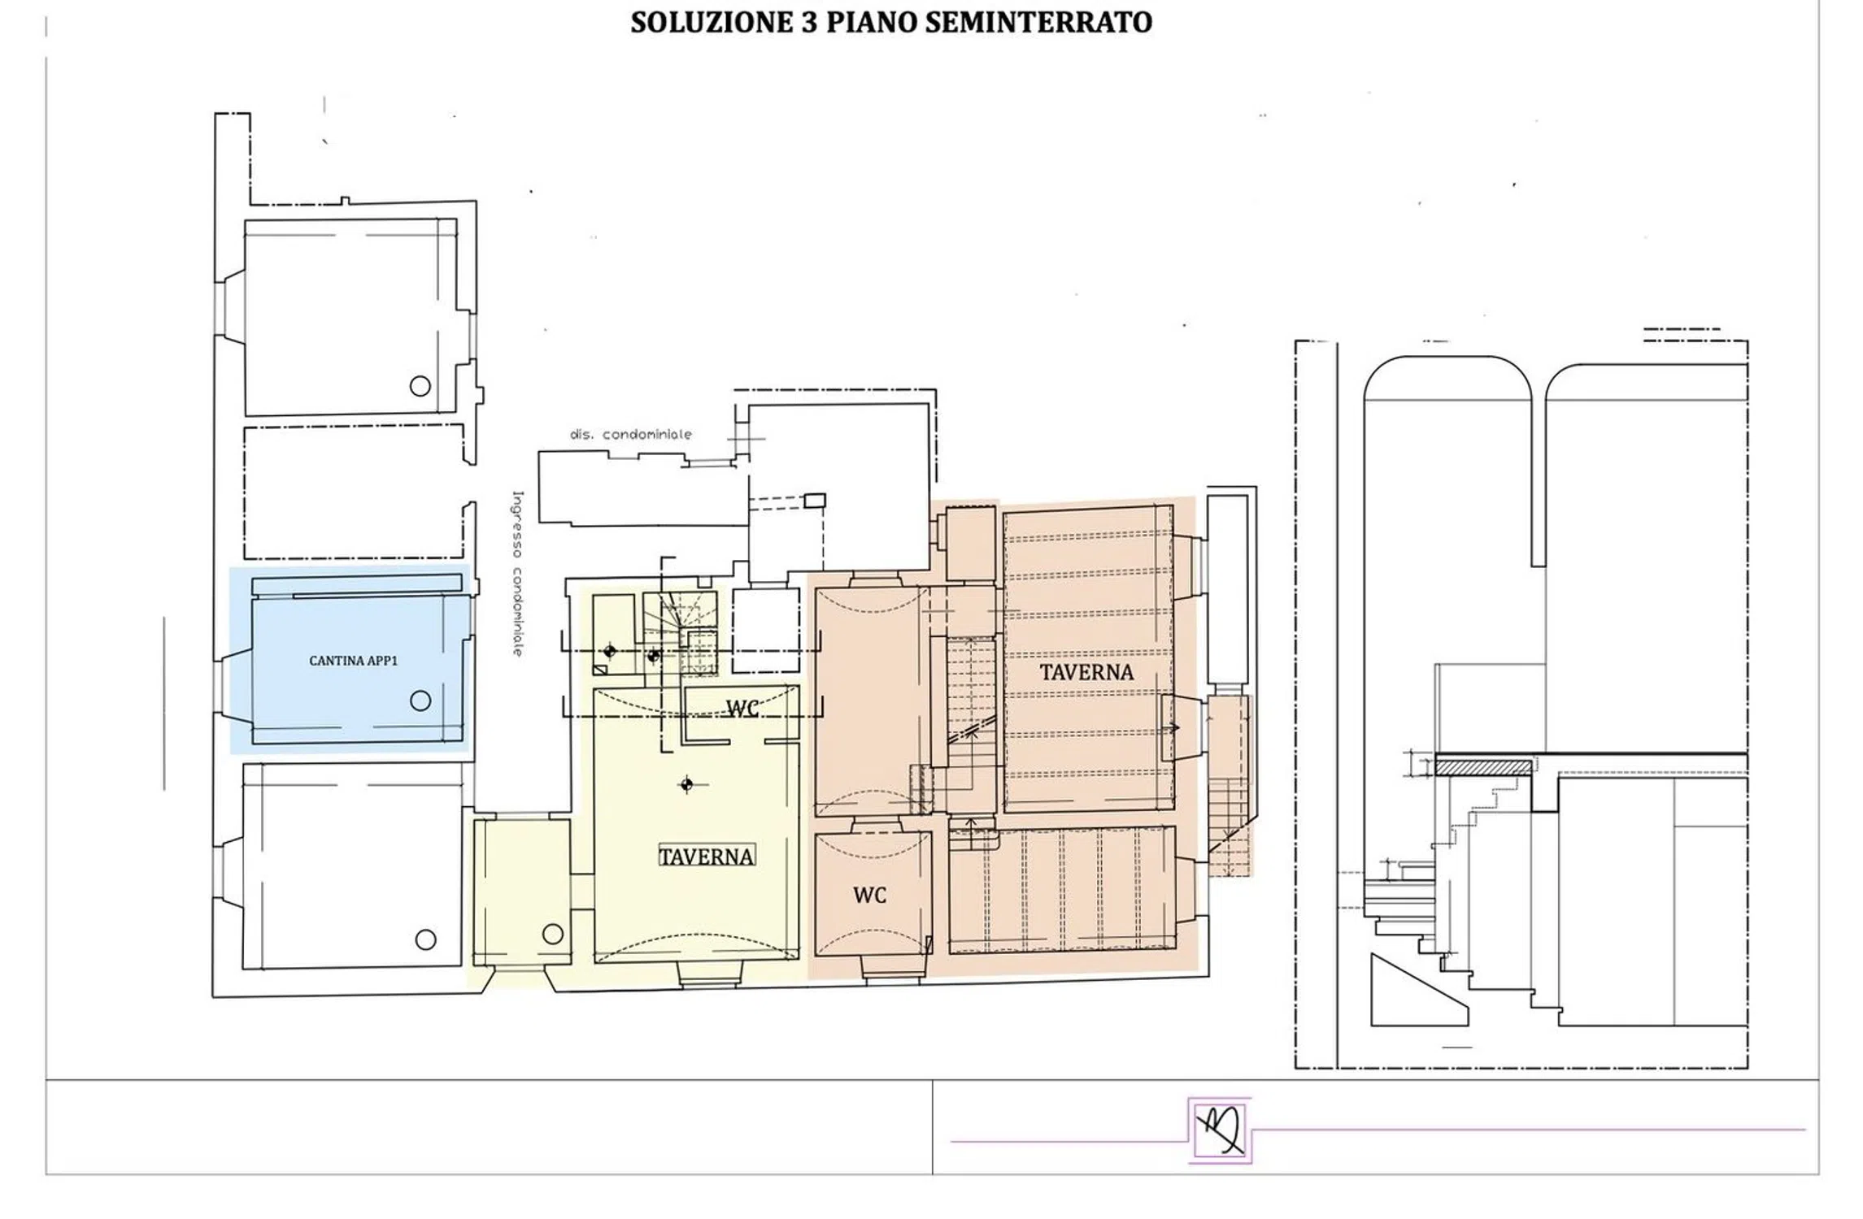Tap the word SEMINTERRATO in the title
(1038, 23)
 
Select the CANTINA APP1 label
(353, 661)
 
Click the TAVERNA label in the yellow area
(706, 857)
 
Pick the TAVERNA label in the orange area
(1086, 672)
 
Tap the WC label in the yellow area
(742, 709)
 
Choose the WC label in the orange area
(869, 896)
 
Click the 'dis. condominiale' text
(631, 434)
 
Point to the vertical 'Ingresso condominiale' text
(517, 573)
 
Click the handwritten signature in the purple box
(1219, 1130)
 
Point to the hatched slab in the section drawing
(1483, 767)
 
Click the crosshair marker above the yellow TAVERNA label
(687, 784)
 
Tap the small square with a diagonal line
(600, 670)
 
